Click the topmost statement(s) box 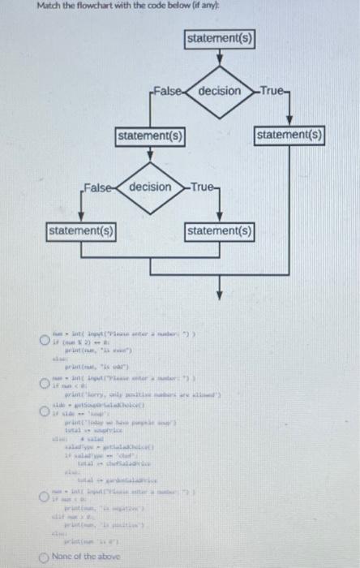tap(220, 39)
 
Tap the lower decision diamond tap(152, 187)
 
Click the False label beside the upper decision tap(165, 91)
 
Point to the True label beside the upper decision tap(269, 91)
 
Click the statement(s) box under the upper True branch tap(290, 134)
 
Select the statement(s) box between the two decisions tap(150, 134)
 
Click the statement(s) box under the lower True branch tap(220, 232)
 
